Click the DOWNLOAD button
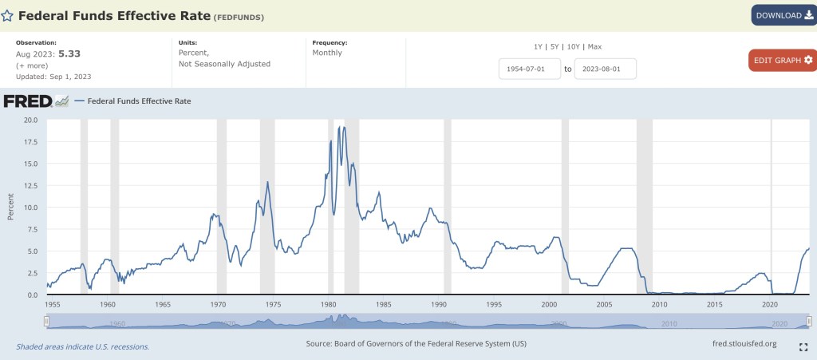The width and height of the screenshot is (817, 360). pyautogui.click(x=783, y=15)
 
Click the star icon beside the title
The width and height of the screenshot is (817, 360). pyautogui.click(x=7, y=15)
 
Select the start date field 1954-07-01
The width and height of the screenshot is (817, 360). pyautogui.click(x=530, y=69)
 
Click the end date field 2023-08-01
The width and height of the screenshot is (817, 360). pyautogui.click(x=604, y=69)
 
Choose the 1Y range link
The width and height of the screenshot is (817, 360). pyautogui.click(x=539, y=46)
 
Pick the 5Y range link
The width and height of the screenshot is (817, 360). pyautogui.click(x=555, y=46)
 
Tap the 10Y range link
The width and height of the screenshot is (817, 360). pyautogui.click(x=573, y=46)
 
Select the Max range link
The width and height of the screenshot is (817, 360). pyautogui.click(x=594, y=46)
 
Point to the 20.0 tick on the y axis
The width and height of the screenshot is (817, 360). pyautogui.click(x=31, y=120)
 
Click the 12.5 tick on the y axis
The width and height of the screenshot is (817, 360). pyautogui.click(x=31, y=185)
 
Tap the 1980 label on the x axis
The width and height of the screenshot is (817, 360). pyautogui.click(x=329, y=304)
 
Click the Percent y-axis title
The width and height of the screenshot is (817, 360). pyautogui.click(x=10, y=207)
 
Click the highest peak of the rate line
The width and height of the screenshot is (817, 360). pyautogui.click(x=343, y=126)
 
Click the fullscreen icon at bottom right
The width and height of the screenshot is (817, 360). pyautogui.click(x=803, y=347)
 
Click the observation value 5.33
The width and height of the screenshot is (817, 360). pyautogui.click(x=69, y=53)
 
